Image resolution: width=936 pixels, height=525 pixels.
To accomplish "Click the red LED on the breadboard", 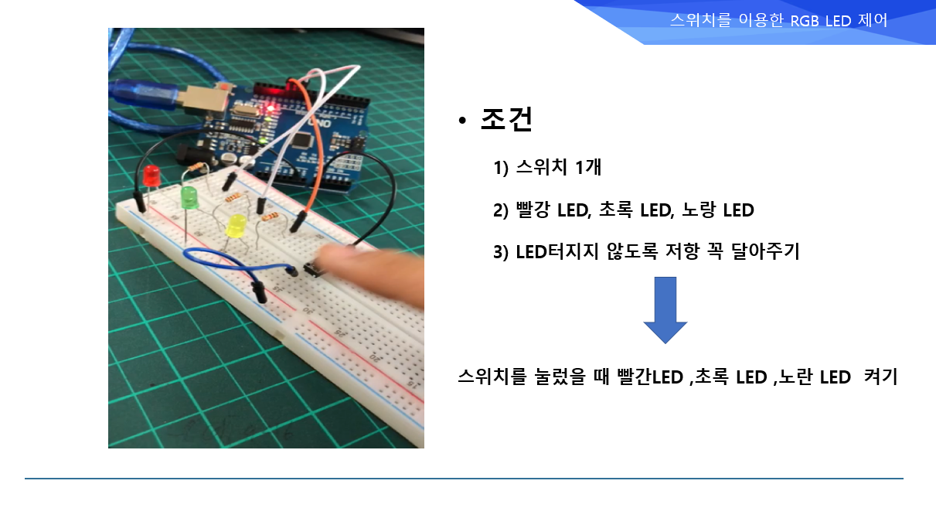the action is tap(151, 176).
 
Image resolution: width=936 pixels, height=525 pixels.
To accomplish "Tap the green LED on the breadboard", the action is tap(189, 198).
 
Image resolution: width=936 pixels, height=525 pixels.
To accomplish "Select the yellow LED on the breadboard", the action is tap(236, 227).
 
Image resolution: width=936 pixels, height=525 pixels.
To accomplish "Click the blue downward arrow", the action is tap(665, 310).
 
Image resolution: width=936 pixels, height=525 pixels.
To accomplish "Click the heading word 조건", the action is tap(506, 120).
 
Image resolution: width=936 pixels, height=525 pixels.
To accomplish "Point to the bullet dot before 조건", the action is tap(462, 121).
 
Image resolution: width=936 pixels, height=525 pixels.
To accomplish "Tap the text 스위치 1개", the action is tap(559, 167).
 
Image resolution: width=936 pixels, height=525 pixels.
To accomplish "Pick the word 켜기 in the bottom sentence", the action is tap(880, 377).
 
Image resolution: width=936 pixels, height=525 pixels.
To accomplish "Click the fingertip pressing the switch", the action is tap(330, 254).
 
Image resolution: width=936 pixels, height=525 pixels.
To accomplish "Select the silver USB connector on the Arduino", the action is tap(204, 100).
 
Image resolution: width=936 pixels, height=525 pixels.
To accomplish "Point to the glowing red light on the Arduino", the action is tap(270, 109).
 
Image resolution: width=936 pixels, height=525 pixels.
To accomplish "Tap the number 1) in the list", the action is tap(501, 168).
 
